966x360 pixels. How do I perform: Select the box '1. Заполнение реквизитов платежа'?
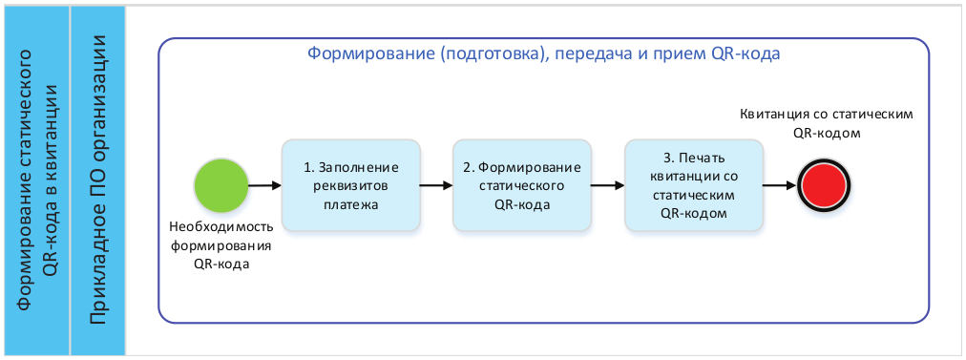[350, 185]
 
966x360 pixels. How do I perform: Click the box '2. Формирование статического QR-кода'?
[522, 185]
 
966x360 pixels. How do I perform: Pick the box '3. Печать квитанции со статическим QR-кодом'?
[694, 185]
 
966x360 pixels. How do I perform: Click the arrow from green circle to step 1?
[264, 185]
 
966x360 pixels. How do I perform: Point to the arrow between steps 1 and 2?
[436, 185]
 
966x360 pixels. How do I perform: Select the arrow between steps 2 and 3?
[608, 185]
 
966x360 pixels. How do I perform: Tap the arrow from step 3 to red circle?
[778, 185]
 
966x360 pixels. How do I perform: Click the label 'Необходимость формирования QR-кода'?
[221, 246]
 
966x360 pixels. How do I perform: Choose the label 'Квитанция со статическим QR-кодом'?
[827, 123]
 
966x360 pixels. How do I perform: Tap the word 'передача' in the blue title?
[593, 54]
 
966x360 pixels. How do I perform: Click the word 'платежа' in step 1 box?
[350, 202]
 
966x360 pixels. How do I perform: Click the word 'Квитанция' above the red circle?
[775, 114]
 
